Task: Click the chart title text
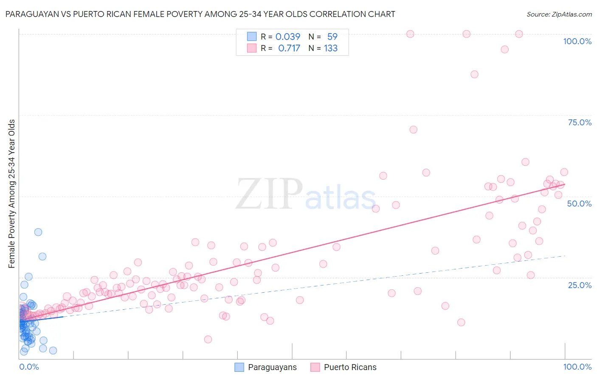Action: [200, 14]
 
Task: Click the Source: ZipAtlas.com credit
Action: [559, 14]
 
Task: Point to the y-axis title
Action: [11, 194]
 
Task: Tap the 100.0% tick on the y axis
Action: [577, 41]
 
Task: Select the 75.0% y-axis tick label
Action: [580, 122]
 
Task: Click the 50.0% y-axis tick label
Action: [579, 204]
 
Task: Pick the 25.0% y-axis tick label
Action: [580, 285]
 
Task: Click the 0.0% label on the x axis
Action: [29, 367]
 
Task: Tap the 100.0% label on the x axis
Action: [577, 367]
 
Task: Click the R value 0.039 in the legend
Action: [287, 37]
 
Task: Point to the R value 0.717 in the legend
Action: [289, 48]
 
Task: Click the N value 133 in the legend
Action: [330, 48]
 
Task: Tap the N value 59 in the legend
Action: [332, 37]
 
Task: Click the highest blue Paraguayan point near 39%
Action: [38, 232]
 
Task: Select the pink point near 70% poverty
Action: [413, 130]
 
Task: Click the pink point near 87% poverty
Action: [474, 74]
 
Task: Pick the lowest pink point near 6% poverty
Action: [208, 339]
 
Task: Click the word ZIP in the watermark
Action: [269, 194]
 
